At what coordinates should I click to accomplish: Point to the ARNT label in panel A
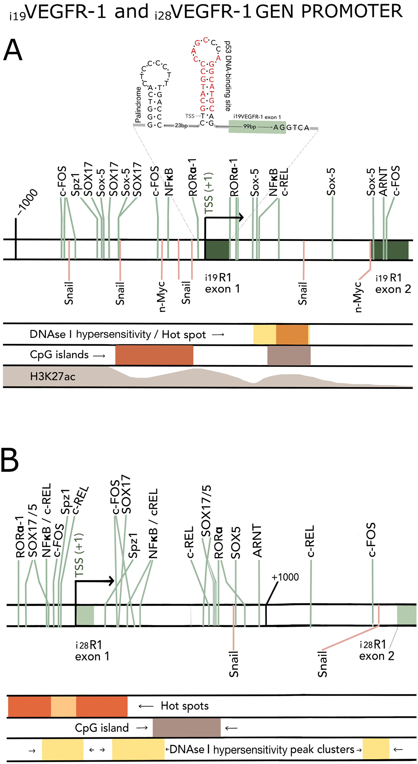pos(383,182)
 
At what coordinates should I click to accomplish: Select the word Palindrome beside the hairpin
pos(138,105)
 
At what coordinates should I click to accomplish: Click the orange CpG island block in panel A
pos(154,355)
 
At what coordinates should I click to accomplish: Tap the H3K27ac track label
pos(52,377)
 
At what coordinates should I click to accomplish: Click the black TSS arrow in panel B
pos(95,581)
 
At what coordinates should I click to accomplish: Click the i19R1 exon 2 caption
pos(393,283)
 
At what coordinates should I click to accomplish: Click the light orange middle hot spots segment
pos(64,706)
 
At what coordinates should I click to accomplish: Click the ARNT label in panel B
pos(257,541)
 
